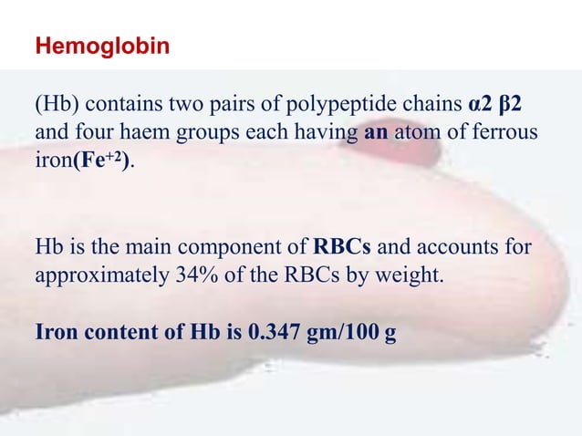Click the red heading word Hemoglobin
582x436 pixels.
pyautogui.click(x=102, y=46)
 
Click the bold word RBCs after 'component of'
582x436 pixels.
pyautogui.click(x=345, y=245)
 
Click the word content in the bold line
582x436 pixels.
pyautogui.click(x=112, y=330)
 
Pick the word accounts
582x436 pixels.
pyautogui.click(x=463, y=245)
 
